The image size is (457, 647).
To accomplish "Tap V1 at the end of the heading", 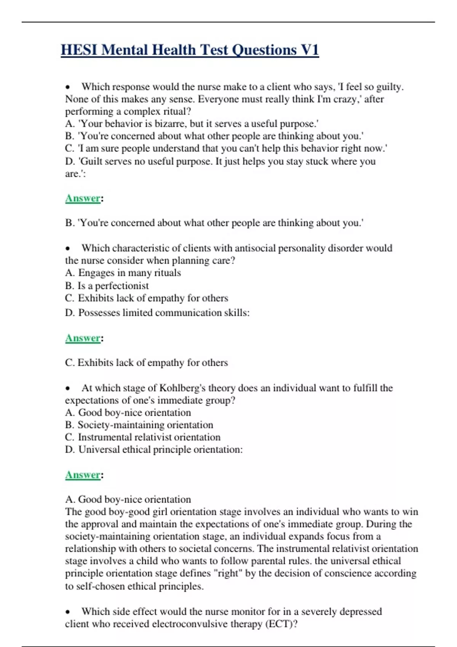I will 310,50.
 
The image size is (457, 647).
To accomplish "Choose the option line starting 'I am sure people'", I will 226,148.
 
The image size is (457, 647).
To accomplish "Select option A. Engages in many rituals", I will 123,273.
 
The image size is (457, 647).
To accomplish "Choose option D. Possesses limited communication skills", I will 157,313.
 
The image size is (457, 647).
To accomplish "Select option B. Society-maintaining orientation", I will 139,425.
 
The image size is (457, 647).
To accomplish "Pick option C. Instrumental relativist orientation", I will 143,437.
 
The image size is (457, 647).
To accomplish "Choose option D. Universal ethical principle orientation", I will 154,449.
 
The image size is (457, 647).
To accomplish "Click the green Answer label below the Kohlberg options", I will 83,475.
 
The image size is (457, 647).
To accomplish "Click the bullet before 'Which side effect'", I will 68,612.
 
